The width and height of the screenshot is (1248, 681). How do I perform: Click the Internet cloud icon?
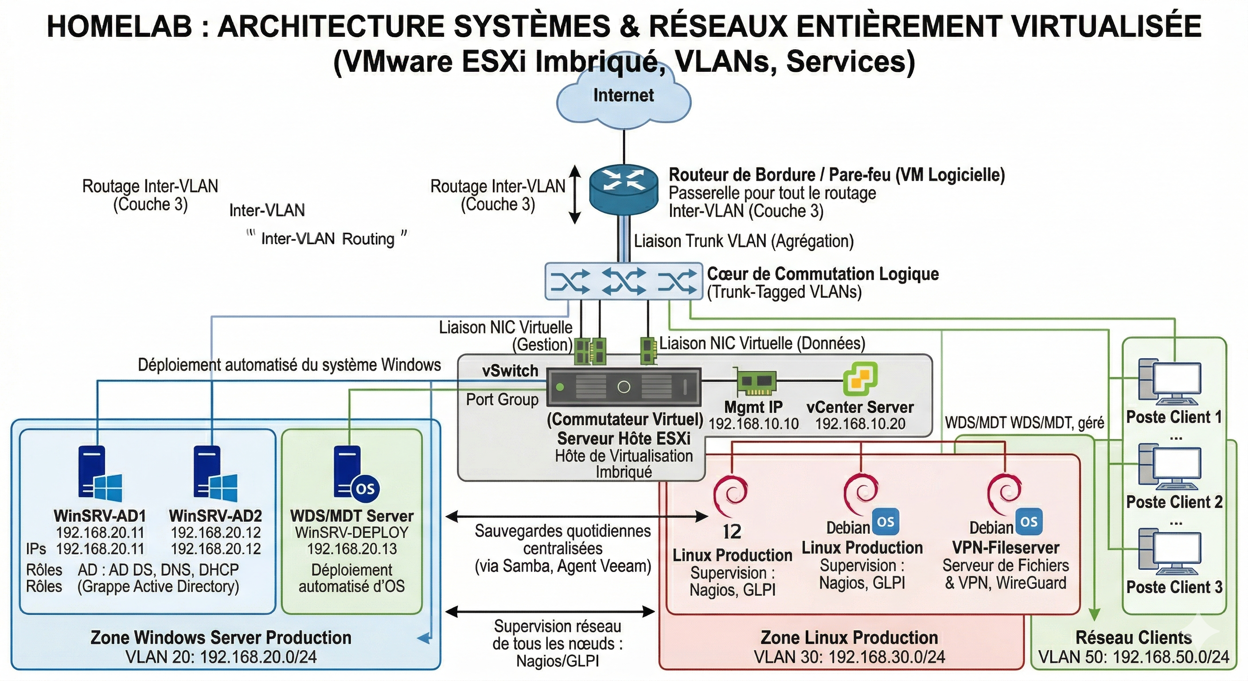[624, 99]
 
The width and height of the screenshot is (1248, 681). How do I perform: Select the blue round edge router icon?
[624, 189]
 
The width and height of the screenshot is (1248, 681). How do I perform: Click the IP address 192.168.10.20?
[860, 423]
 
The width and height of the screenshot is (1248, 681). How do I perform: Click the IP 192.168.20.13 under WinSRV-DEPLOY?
[352, 549]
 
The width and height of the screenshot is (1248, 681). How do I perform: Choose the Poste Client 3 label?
[1174, 587]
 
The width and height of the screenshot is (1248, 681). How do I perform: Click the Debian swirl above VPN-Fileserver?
[1004, 494]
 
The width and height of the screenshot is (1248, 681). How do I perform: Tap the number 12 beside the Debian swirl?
[732, 532]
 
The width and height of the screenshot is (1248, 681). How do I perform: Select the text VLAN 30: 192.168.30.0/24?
[849, 657]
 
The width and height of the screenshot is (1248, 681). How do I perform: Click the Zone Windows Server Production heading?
[221, 638]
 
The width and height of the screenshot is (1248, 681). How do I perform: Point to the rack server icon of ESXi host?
[624, 387]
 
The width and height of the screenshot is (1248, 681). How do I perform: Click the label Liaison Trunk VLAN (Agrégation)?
[744, 241]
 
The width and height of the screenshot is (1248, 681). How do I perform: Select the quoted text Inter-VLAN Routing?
[328, 239]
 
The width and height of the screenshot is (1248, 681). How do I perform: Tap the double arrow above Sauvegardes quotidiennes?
[577, 517]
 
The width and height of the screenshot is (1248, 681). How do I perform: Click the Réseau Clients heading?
[1133, 638]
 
